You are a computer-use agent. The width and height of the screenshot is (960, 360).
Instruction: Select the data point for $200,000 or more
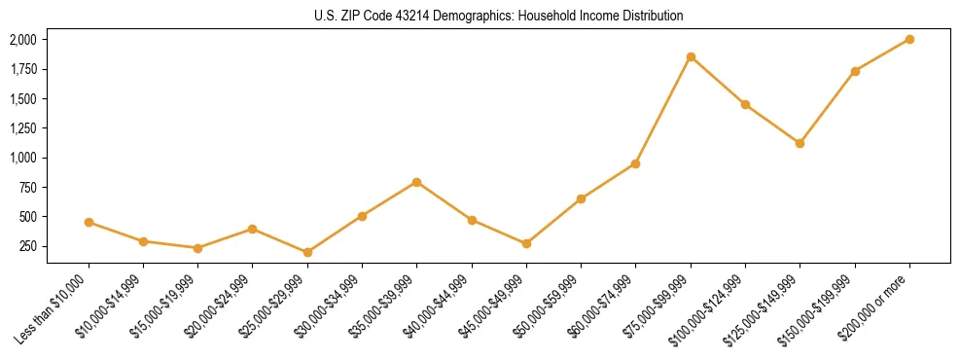pos(909,39)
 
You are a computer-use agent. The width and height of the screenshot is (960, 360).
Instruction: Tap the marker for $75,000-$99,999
pos(691,56)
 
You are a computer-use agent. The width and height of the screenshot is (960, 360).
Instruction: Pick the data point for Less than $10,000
pos(89,222)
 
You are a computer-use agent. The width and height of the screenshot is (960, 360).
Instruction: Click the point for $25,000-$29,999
pos(307,252)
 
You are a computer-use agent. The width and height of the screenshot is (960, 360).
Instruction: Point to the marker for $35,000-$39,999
pos(417,182)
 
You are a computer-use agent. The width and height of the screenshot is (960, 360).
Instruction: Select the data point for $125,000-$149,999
pos(800,143)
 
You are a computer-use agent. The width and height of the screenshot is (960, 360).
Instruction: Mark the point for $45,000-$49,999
pos(526,243)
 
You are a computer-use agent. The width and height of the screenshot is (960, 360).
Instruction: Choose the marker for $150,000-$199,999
pos(855,71)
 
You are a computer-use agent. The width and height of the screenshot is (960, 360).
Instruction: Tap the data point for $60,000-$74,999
pos(635,163)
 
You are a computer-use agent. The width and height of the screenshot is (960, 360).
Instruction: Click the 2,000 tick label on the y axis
pos(22,40)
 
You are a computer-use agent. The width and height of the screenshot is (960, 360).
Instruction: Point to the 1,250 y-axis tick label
pos(22,128)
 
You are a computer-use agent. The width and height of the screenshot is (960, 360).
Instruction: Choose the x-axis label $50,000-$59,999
pos(547,309)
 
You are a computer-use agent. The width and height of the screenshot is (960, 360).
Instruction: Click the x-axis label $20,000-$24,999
pos(218,309)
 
